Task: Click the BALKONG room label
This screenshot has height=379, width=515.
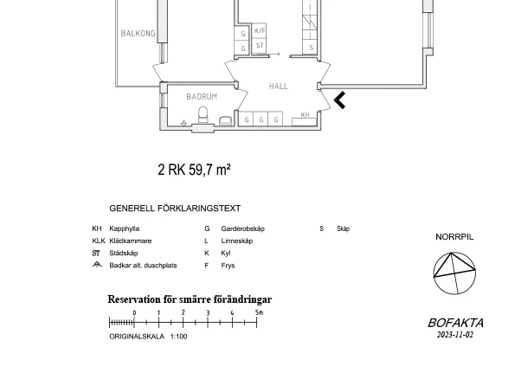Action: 138,33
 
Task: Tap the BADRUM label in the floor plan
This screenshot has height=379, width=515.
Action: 202,97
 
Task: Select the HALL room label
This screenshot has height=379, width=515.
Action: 278,86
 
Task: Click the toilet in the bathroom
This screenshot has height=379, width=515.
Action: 203,114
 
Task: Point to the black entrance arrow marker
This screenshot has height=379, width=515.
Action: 339,100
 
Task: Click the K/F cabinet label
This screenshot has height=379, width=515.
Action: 260,30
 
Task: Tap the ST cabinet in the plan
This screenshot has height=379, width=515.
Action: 260,46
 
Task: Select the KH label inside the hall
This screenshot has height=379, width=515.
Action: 305,114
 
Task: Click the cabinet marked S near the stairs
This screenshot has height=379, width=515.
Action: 311,48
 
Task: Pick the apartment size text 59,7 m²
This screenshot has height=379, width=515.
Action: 209,170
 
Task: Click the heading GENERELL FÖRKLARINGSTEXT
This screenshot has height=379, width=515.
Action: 175,209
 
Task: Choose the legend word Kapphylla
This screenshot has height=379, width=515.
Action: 124,228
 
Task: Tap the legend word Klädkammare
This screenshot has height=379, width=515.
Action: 131,241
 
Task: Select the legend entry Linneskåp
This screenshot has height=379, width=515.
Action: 237,241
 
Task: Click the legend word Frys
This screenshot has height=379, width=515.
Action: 228,266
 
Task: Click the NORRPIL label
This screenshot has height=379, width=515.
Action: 454,237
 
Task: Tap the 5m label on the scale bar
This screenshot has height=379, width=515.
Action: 259,312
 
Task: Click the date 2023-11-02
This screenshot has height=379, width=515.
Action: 455,335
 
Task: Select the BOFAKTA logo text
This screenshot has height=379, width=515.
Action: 455,323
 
